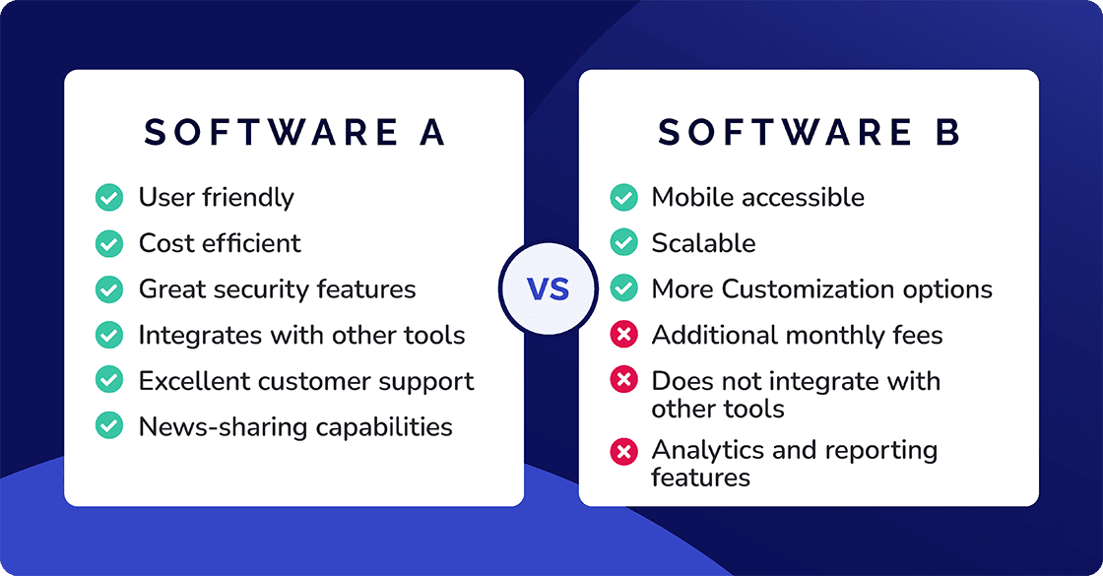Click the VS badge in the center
[549, 289]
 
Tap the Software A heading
[294, 133]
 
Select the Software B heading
[809, 133]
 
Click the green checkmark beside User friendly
[108, 198]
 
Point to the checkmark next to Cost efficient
[108, 243]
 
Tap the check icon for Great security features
[108, 289]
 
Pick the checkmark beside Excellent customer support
[108, 381]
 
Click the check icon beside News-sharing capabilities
[108, 426]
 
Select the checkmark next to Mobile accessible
[623, 198]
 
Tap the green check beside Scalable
[623, 243]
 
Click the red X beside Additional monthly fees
[623, 336]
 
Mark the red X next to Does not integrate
[623, 381]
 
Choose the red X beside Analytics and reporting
[623, 451]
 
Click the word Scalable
[703, 243]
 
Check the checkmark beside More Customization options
[623, 289]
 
